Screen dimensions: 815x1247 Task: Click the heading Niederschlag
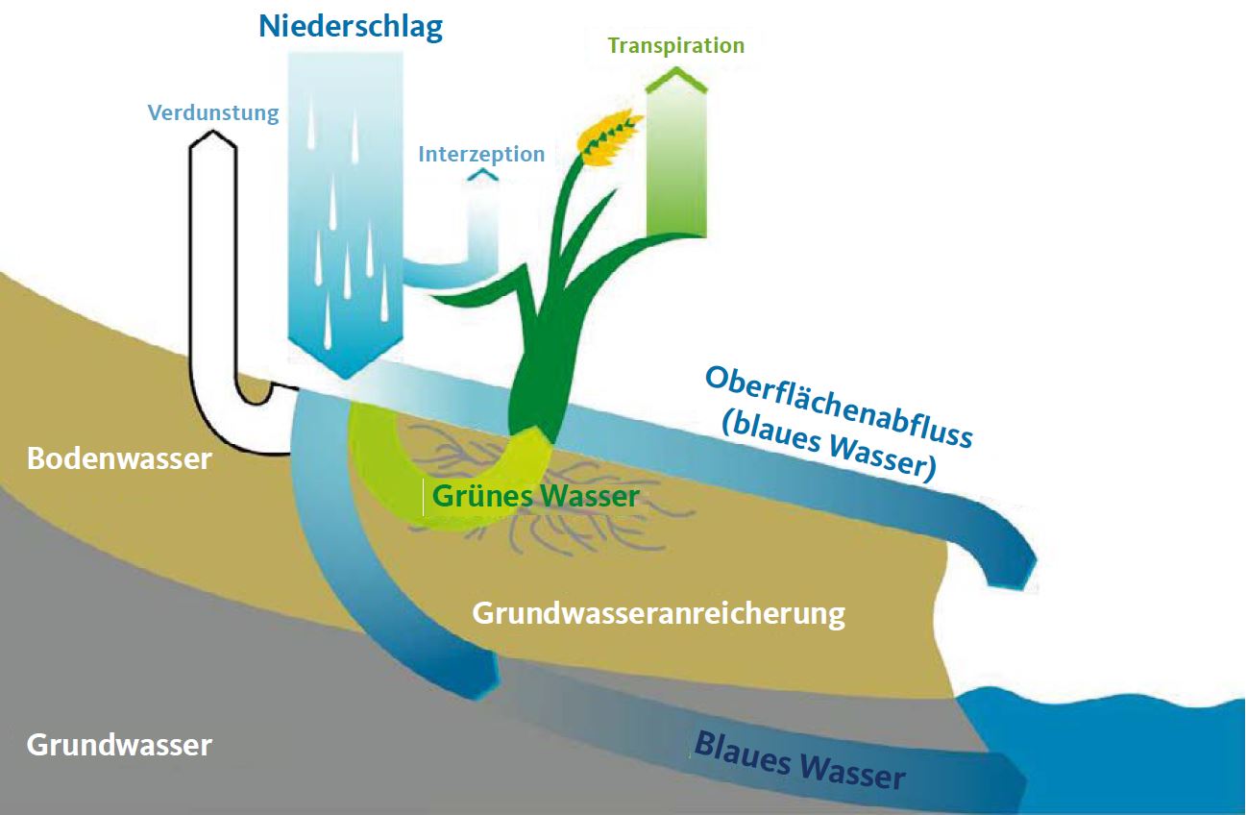pyautogui.click(x=351, y=26)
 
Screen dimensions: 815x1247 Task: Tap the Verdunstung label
pyautogui.click(x=213, y=113)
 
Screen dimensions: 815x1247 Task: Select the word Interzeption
pyautogui.click(x=481, y=154)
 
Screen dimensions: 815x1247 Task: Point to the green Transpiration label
pyautogui.click(x=676, y=45)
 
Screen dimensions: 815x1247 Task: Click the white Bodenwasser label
pyautogui.click(x=119, y=458)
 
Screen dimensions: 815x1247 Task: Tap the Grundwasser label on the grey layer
pyautogui.click(x=119, y=745)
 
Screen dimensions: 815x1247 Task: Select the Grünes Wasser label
pyautogui.click(x=535, y=497)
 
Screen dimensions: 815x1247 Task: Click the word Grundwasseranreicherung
pyautogui.click(x=658, y=613)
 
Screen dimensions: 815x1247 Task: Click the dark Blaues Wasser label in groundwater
pyautogui.click(x=799, y=758)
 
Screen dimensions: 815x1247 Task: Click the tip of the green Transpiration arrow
pyautogui.click(x=677, y=75)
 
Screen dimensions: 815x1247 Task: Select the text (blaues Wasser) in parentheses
pyautogui.click(x=826, y=448)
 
